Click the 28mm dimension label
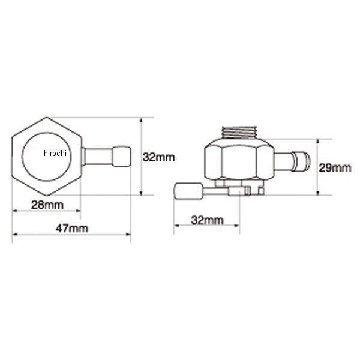[x=47, y=205]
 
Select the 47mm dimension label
[x=72, y=229]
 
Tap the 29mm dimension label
[x=335, y=168]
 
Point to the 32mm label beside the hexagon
[x=158, y=157]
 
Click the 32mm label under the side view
[x=207, y=220]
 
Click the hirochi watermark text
[x=55, y=153]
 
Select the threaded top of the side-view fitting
[x=239, y=133]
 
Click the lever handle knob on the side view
[x=189, y=191]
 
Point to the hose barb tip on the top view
[x=122, y=157]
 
